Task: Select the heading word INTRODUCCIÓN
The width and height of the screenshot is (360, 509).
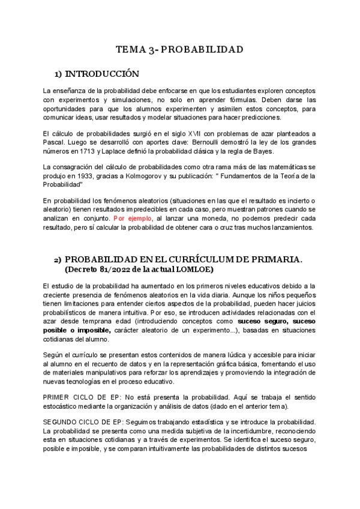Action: pos(102,74)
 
